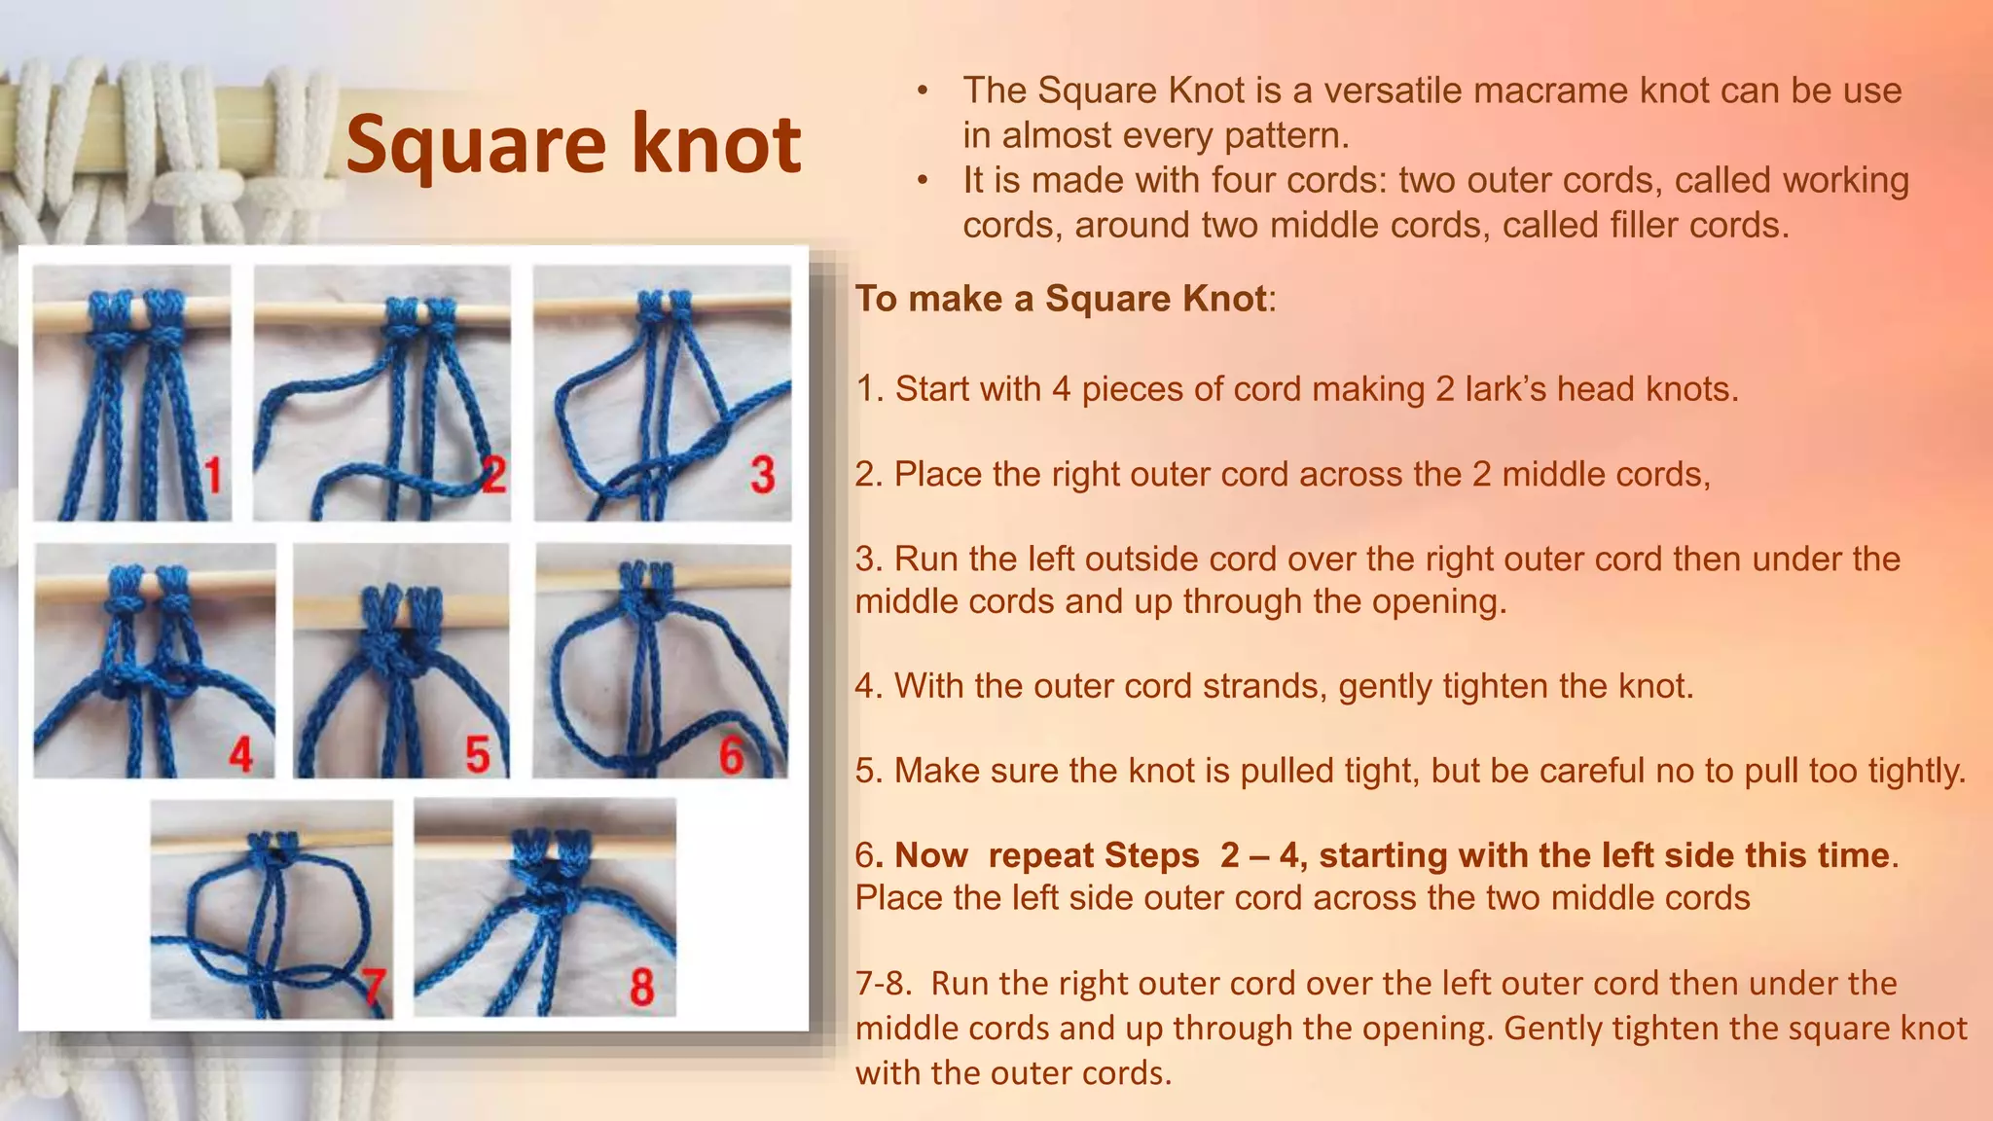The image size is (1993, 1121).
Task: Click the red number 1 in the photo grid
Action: point(214,476)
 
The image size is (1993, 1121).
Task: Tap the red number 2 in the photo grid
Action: point(494,475)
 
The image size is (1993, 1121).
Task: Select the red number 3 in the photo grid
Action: point(763,476)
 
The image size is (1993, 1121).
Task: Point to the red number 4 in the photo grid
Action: point(240,755)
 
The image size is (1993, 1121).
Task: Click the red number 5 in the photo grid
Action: point(477,755)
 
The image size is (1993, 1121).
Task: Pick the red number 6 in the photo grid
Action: point(732,755)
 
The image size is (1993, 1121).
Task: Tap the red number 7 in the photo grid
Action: point(374,987)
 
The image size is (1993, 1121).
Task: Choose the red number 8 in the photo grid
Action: point(641,987)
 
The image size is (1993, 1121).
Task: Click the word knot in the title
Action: point(716,144)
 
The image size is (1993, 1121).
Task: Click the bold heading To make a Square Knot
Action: point(1062,299)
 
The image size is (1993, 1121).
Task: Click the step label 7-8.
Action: point(884,984)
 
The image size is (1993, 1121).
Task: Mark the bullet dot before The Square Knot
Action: point(923,91)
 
